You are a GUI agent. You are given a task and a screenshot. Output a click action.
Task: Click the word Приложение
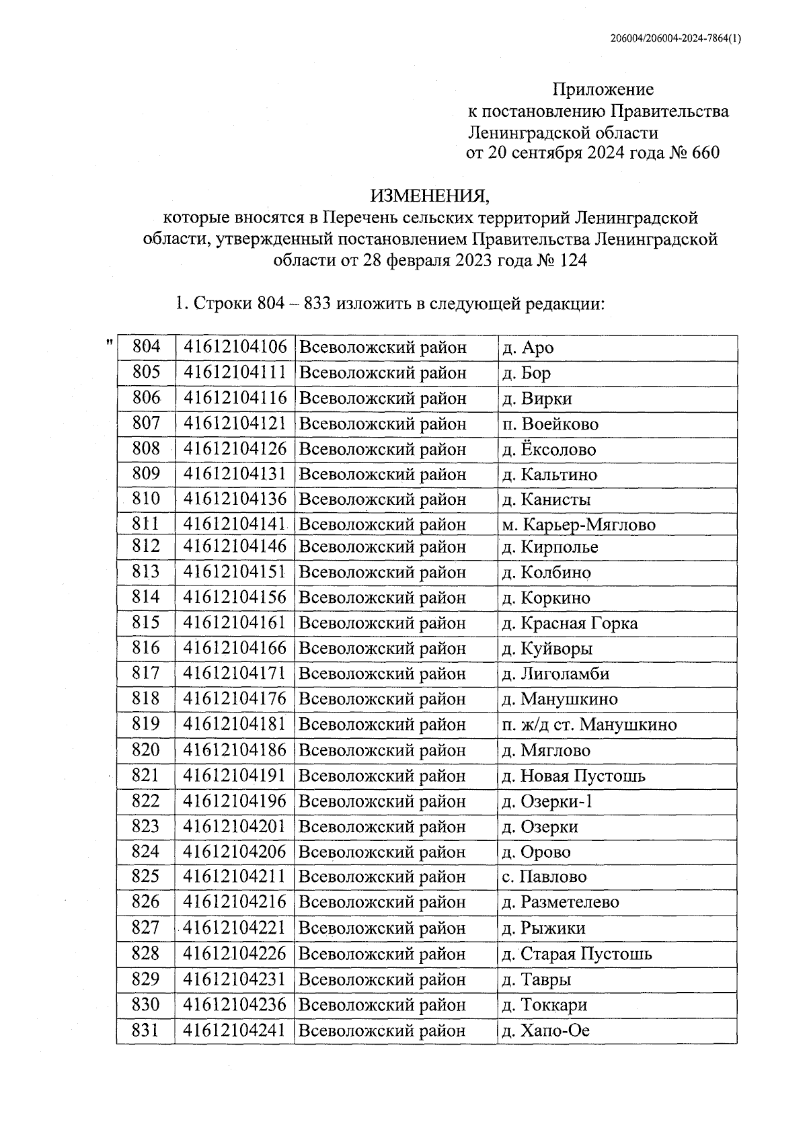603,89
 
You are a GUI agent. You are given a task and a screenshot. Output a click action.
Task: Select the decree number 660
704,153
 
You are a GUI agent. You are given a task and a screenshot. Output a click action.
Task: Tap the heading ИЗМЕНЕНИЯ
430,196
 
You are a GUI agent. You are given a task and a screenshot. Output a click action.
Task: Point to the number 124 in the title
571,261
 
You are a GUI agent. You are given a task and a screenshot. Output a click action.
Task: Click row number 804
146,347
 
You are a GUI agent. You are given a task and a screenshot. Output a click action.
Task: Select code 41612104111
235,372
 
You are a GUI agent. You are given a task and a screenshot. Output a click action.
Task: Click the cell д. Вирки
537,399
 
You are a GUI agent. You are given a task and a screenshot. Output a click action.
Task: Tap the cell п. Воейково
550,424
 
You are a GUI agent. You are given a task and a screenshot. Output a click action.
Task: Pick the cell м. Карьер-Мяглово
578,524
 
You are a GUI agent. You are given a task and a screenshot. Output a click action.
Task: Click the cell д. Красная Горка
570,623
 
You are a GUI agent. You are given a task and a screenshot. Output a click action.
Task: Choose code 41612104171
235,674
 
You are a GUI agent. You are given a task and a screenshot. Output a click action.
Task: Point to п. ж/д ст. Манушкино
589,725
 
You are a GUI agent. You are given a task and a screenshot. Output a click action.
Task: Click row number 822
146,801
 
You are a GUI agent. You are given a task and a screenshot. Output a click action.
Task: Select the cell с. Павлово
544,877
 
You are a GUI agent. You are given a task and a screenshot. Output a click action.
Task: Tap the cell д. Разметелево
560,902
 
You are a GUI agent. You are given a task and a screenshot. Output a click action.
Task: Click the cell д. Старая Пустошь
576,954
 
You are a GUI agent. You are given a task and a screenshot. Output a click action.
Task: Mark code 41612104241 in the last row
235,1030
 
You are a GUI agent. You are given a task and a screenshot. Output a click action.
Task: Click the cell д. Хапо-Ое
545,1030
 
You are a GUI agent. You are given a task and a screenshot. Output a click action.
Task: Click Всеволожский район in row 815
382,623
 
